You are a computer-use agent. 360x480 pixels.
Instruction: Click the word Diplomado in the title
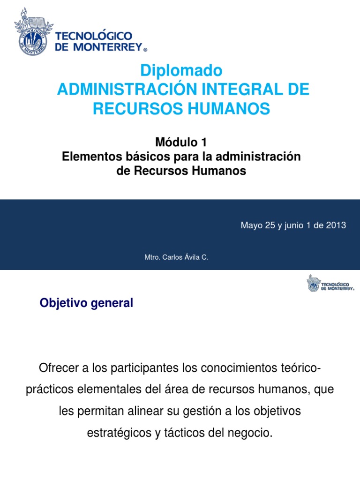coord(181,71)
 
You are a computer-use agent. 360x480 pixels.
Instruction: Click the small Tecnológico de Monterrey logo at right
coord(330,283)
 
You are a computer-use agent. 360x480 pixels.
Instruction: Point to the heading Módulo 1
coord(181,142)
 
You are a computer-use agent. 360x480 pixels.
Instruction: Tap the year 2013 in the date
coord(336,225)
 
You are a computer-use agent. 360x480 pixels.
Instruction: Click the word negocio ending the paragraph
coord(253,433)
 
